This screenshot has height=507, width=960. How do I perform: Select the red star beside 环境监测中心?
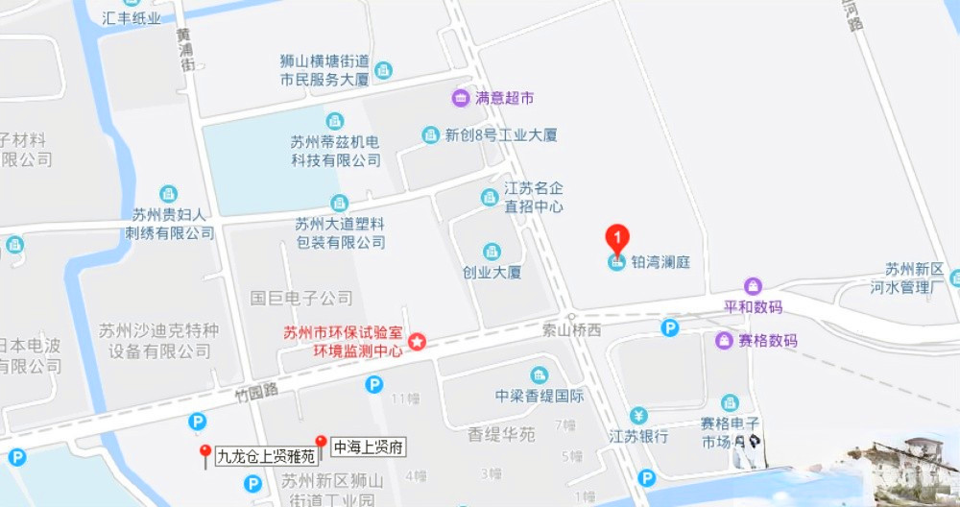(x=418, y=342)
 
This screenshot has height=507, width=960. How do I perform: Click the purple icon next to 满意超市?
(x=462, y=98)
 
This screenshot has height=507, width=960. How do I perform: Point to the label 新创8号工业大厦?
(x=500, y=135)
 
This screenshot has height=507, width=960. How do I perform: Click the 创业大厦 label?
(x=492, y=273)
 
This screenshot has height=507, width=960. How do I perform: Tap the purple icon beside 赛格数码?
(x=724, y=340)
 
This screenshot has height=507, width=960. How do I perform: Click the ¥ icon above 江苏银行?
(x=639, y=416)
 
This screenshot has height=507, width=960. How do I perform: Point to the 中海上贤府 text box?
(x=369, y=447)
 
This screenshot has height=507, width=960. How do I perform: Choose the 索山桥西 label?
(x=571, y=330)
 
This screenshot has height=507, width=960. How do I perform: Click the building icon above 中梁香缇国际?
(x=540, y=374)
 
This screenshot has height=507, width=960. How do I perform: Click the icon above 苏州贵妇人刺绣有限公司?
(x=168, y=193)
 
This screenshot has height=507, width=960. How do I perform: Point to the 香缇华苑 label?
(x=501, y=434)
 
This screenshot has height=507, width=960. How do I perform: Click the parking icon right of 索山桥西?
(x=670, y=327)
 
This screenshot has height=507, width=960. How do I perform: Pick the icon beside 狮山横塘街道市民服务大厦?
(x=384, y=70)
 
